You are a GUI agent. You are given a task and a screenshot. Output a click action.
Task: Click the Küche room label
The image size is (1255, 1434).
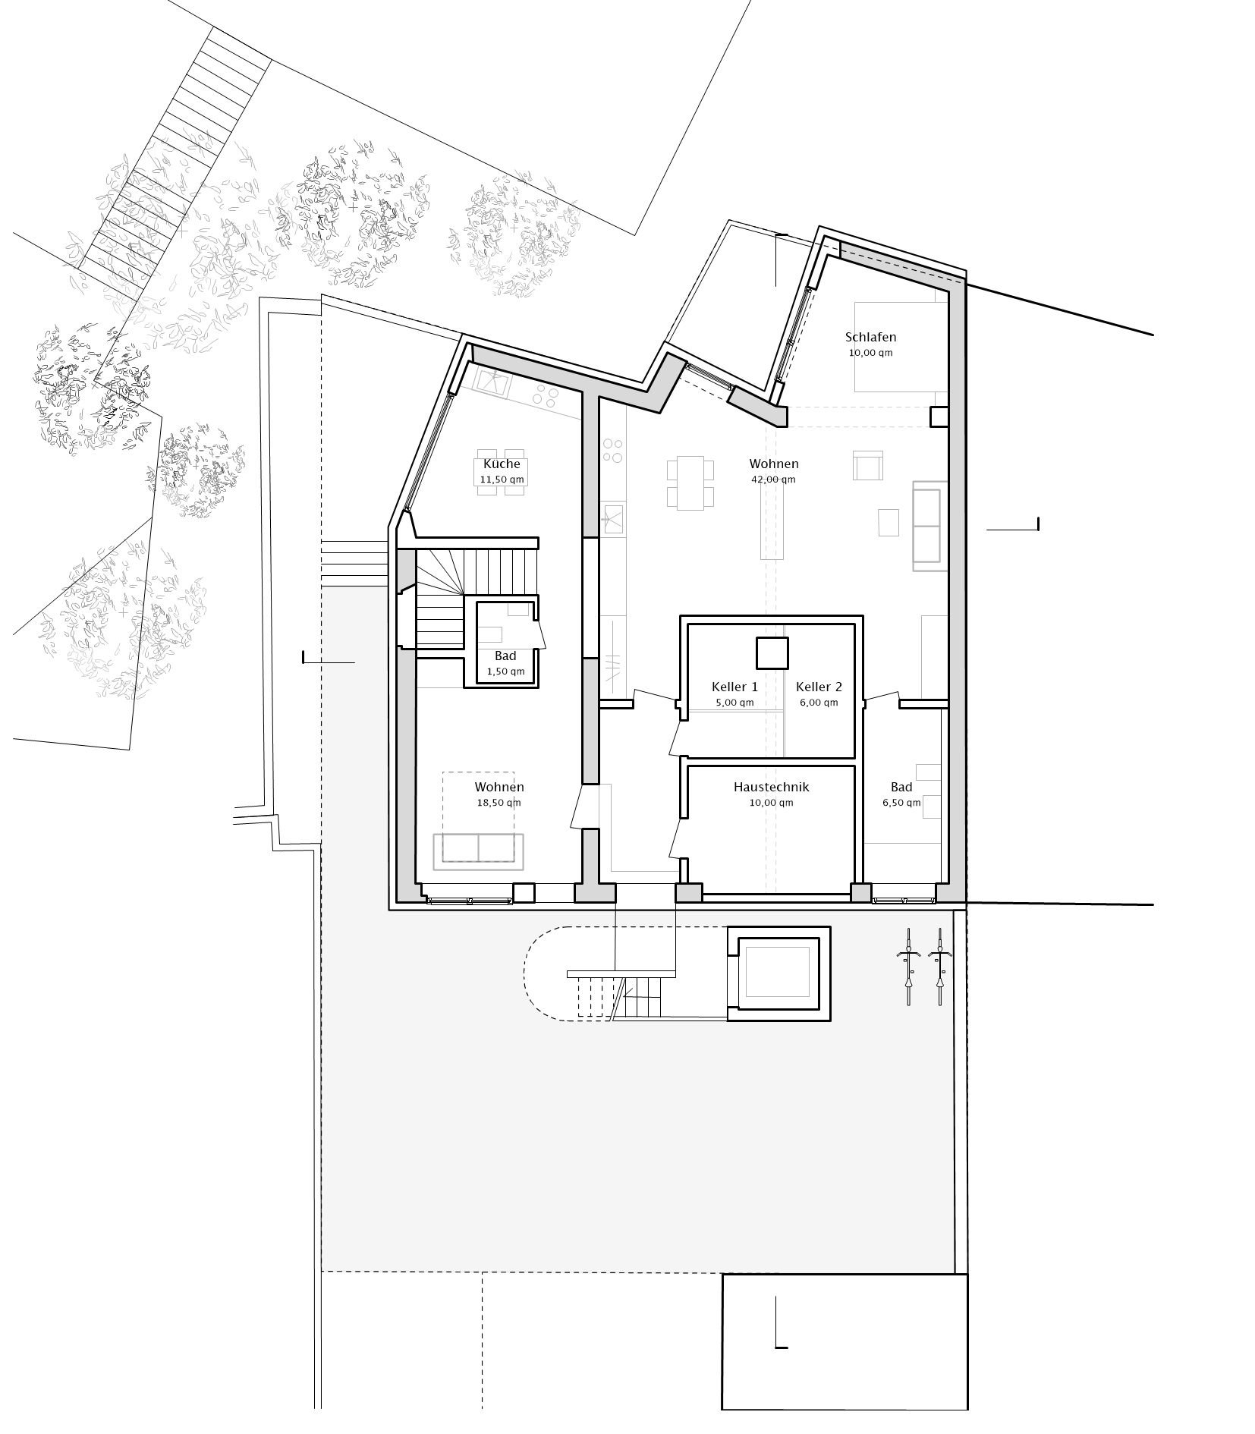502,464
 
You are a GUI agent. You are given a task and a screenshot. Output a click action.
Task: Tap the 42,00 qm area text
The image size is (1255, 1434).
773,480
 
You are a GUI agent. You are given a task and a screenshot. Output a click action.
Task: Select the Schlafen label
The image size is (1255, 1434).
870,337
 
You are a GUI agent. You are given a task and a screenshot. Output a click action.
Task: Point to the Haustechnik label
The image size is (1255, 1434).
771,787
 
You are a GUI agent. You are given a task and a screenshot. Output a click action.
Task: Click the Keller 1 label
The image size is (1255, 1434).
734,687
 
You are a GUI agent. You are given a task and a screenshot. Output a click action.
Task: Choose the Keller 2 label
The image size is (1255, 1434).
819,687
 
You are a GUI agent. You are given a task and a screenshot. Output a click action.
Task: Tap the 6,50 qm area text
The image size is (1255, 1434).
901,802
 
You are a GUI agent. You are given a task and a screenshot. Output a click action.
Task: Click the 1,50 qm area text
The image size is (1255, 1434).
505,671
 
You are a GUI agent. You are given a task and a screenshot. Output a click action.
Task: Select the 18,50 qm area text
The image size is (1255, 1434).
499,802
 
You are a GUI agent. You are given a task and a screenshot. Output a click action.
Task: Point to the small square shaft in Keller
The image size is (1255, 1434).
772,653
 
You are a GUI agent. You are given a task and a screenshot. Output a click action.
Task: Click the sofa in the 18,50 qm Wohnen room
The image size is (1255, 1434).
478,851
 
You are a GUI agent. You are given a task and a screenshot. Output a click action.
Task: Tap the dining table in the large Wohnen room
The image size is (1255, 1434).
690,483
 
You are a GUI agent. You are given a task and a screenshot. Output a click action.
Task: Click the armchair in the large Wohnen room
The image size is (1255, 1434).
867,465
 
